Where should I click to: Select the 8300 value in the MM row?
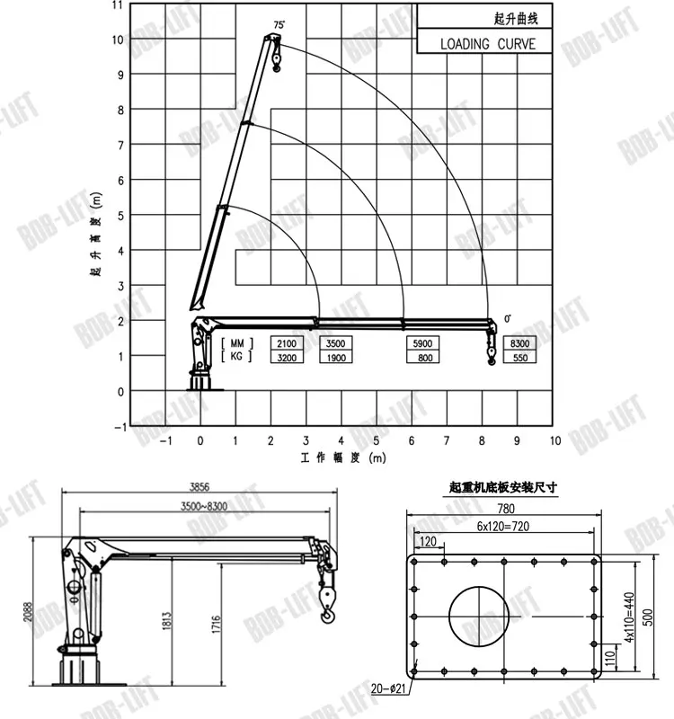(520, 343)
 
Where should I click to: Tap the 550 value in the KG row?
(520, 357)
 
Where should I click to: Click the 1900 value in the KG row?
(335, 357)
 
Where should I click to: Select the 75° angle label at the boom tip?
(279, 25)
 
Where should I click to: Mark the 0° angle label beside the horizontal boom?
(508, 319)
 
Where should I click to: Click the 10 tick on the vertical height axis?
(119, 40)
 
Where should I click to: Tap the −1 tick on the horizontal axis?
(165, 440)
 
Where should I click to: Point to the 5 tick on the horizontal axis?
(376, 440)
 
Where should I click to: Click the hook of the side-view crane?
(327, 612)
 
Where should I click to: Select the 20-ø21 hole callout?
(389, 688)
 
